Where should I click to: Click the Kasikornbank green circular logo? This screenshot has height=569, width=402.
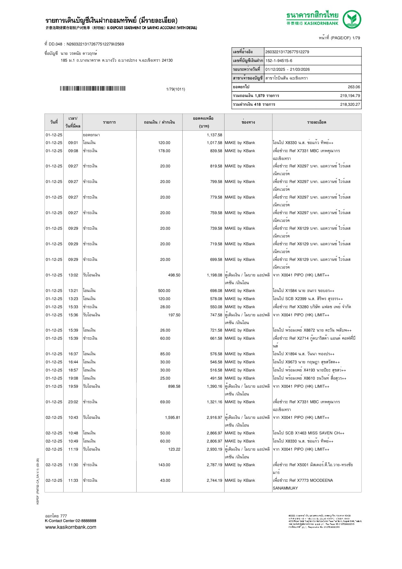[x=352, y=19]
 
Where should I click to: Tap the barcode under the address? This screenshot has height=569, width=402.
[x=92, y=89]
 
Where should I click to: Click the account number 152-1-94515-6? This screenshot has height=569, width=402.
[x=279, y=61]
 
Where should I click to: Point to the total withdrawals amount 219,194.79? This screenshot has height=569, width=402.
[x=350, y=96]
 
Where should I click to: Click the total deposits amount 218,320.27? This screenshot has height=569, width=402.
[x=350, y=104]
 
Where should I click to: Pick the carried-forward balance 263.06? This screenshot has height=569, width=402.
[x=354, y=87]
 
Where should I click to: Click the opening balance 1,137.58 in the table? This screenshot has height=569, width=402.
[x=214, y=135]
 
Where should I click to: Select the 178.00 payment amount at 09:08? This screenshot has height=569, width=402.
[x=164, y=151]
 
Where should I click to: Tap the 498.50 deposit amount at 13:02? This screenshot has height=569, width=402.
[x=174, y=275]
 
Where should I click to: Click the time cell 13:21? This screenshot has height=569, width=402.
[x=73, y=291]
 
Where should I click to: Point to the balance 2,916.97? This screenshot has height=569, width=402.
[x=214, y=418]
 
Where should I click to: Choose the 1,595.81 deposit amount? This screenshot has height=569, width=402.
[x=172, y=418]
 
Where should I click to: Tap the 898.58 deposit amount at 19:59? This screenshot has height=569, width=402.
[x=174, y=386]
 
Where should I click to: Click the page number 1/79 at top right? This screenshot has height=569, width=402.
[x=356, y=38]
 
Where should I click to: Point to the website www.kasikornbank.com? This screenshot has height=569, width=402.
[x=71, y=527]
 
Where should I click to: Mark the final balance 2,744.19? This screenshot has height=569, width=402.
[x=214, y=480]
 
